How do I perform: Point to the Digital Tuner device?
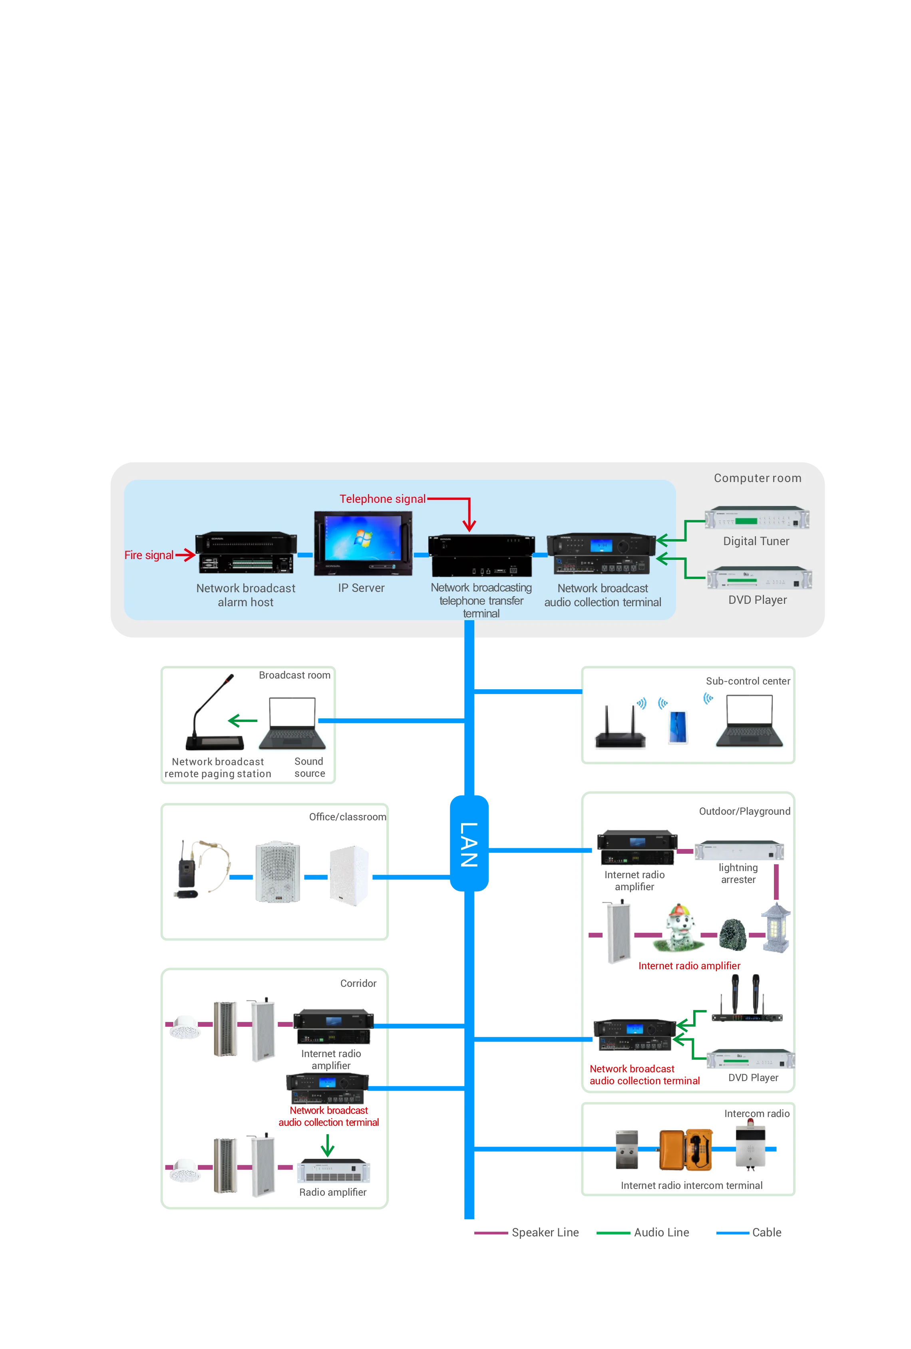[x=756, y=518]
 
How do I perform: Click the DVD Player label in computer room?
[x=757, y=599]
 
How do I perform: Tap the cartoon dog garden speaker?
[x=677, y=929]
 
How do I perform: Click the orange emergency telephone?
[x=685, y=1150]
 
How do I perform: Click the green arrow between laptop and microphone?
[x=243, y=720]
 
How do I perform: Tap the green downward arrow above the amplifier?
[x=328, y=1145]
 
